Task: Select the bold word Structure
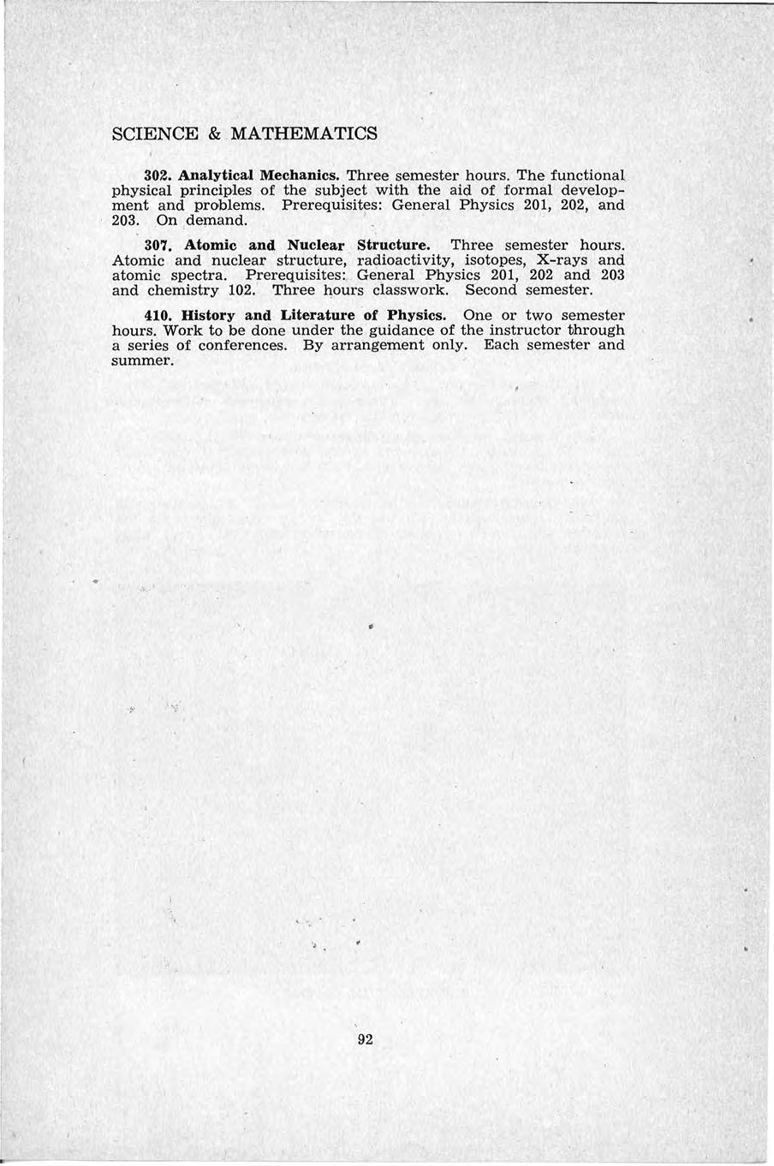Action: tap(392, 245)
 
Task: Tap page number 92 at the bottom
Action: tap(366, 1040)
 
